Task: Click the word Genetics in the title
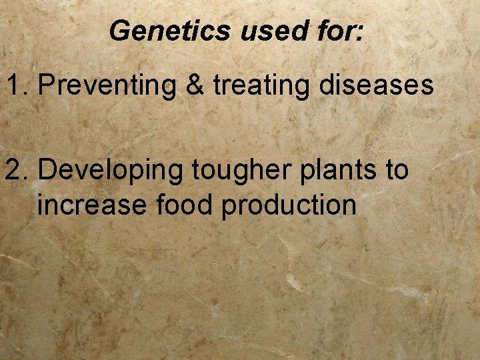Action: [x=170, y=31]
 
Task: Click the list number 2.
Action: [x=18, y=170]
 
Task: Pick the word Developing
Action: [x=110, y=171]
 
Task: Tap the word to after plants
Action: [x=397, y=170]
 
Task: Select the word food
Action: [x=185, y=204]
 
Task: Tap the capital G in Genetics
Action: [x=120, y=31]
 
